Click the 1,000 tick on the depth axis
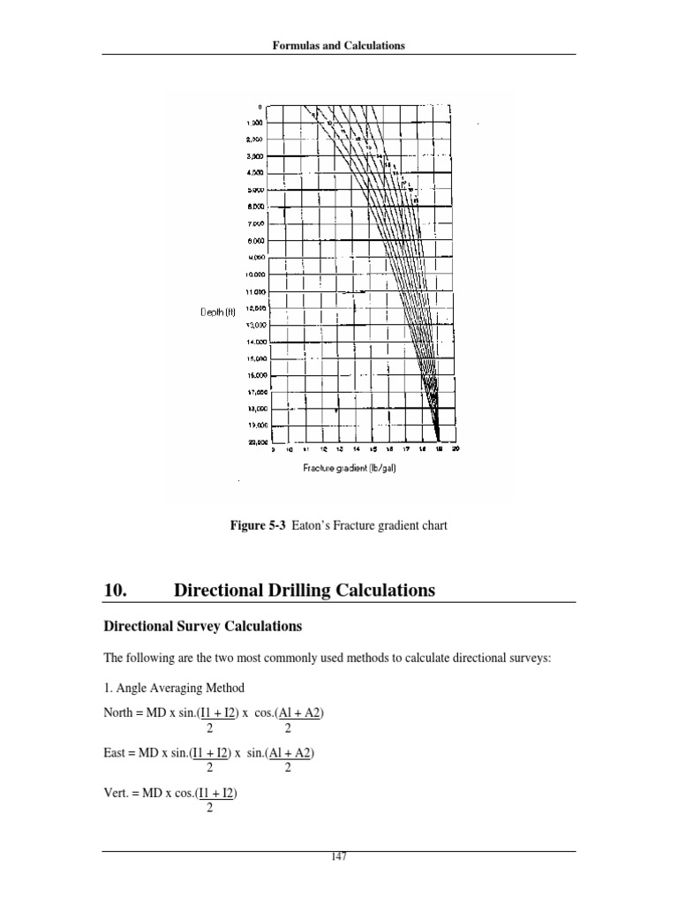(252, 124)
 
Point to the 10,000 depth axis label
(251, 275)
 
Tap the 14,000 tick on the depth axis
(251, 341)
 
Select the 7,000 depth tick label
(252, 224)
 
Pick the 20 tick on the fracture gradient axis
(456, 448)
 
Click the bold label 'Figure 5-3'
(256, 526)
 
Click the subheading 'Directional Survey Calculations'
(203, 626)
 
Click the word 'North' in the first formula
(119, 714)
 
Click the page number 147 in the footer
(339, 856)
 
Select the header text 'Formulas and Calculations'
(339, 45)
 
